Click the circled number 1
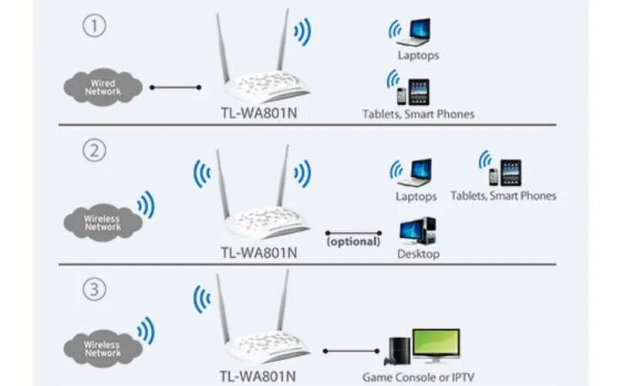click(x=93, y=27)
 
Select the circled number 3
click(x=93, y=291)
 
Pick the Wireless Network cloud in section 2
click(x=103, y=222)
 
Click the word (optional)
click(x=353, y=242)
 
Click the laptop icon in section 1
click(x=419, y=32)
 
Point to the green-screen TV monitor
click(x=436, y=344)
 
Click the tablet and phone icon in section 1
click(x=413, y=91)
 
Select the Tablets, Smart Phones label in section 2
click(x=503, y=196)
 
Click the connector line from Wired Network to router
click(x=175, y=87)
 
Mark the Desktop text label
click(x=418, y=253)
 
